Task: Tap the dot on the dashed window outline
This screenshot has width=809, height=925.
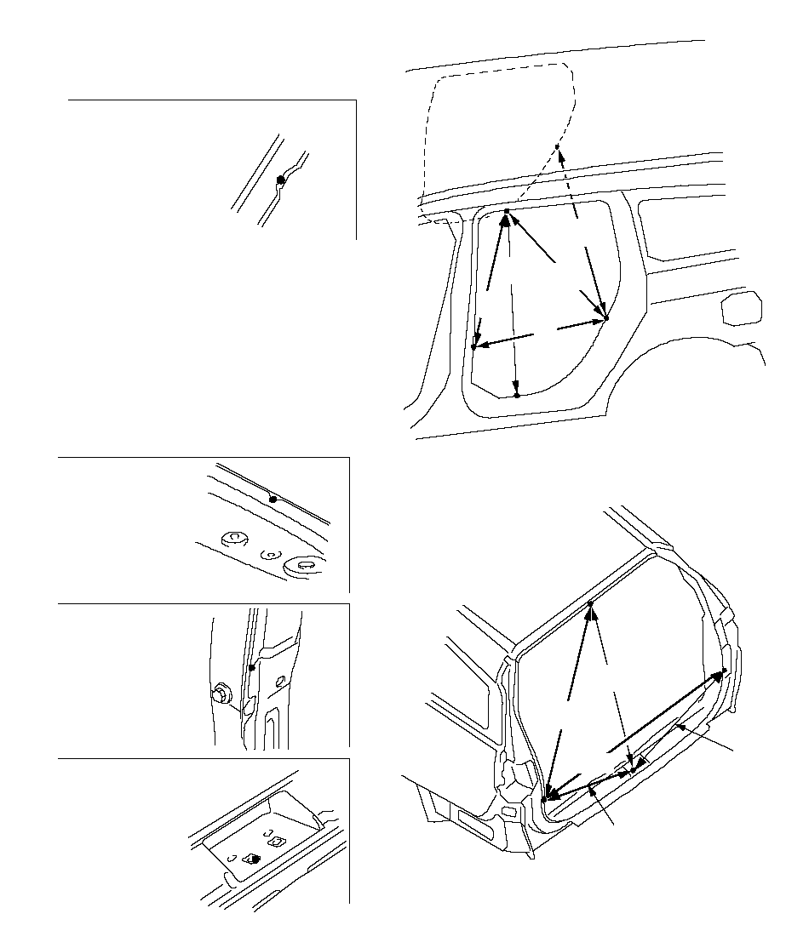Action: tap(556, 147)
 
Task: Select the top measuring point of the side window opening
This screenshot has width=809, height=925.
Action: tap(507, 211)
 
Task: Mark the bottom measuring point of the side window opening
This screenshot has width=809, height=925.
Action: tap(517, 396)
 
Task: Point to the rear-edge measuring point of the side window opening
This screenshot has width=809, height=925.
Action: tap(607, 319)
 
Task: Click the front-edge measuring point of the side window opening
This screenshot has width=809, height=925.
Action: tap(473, 347)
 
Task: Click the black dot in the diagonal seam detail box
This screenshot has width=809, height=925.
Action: tap(281, 180)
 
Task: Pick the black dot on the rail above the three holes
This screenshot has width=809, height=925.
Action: tap(273, 499)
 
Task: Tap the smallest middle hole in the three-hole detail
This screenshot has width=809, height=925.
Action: tap(269, 554)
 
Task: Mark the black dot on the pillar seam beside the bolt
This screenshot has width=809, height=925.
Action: tap(251, 668)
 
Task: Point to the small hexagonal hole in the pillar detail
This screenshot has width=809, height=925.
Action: tap(281, 682)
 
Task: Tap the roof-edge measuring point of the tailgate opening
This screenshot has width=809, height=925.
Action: tap(590, 604)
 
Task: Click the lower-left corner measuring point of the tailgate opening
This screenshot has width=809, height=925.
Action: tap(543, 799)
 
